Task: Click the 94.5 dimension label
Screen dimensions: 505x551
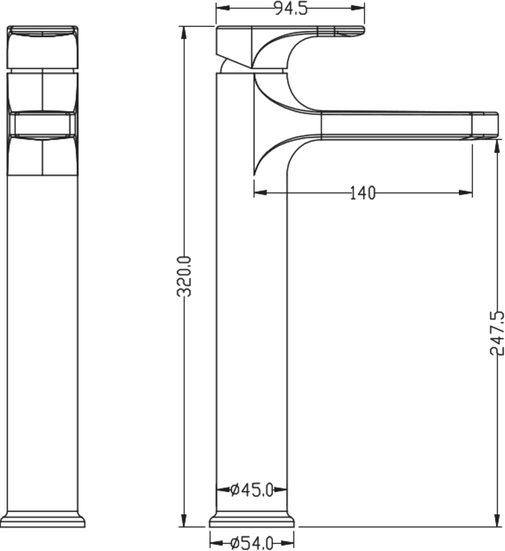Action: (x=291, y=8)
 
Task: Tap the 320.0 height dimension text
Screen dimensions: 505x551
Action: (x=184, y=277)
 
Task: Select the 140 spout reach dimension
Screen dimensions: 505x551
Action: (x=363, y=193)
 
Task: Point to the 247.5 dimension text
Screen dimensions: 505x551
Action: (x=497, y=333)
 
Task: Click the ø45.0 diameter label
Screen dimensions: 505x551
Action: (x=252, y=490)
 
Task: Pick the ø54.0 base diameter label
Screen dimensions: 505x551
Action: (x=252, y=543)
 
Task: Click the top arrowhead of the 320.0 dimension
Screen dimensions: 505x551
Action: (x=183, y=33)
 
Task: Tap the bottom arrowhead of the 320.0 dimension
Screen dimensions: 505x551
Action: (x=183, y=521)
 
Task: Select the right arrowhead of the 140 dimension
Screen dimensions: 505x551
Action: (x=466, y=192)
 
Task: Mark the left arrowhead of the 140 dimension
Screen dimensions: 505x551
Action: (x=261, y=192)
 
